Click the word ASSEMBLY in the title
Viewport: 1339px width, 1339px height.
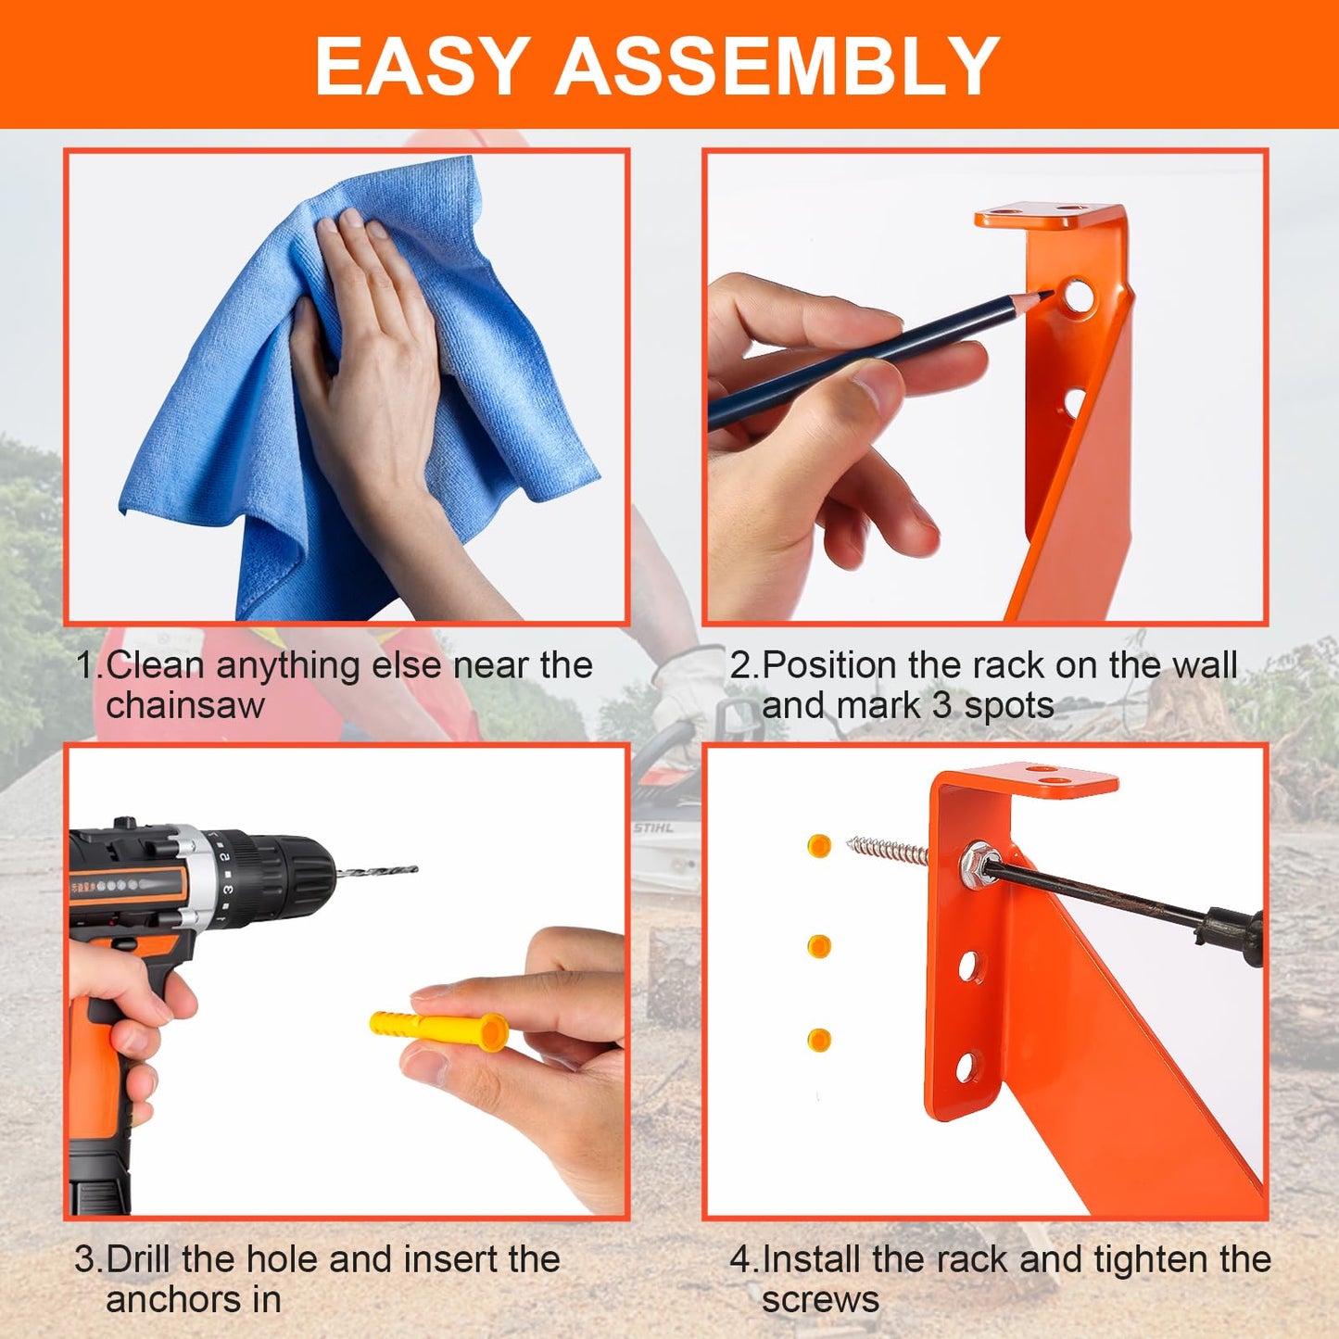(x=777, y=67)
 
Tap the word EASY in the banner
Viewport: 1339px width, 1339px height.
(x=422, y=67)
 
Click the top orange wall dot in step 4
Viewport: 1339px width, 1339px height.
(x=819, y=845)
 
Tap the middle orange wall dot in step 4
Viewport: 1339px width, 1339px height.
(x=819, y=946)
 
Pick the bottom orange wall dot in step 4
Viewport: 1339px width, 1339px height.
(x=819, y=1040)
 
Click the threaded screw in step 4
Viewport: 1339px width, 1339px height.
(x=888, y=850)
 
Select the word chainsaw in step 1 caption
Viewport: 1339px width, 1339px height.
(x=185, y=706)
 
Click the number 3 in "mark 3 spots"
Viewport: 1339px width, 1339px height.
(x=941, y=706)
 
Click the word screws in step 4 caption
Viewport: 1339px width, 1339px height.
(x=820, y=1300)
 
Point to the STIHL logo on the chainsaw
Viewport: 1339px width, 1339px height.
(x=653, y=827)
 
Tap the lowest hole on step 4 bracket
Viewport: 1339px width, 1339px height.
(x=965, y=1067)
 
